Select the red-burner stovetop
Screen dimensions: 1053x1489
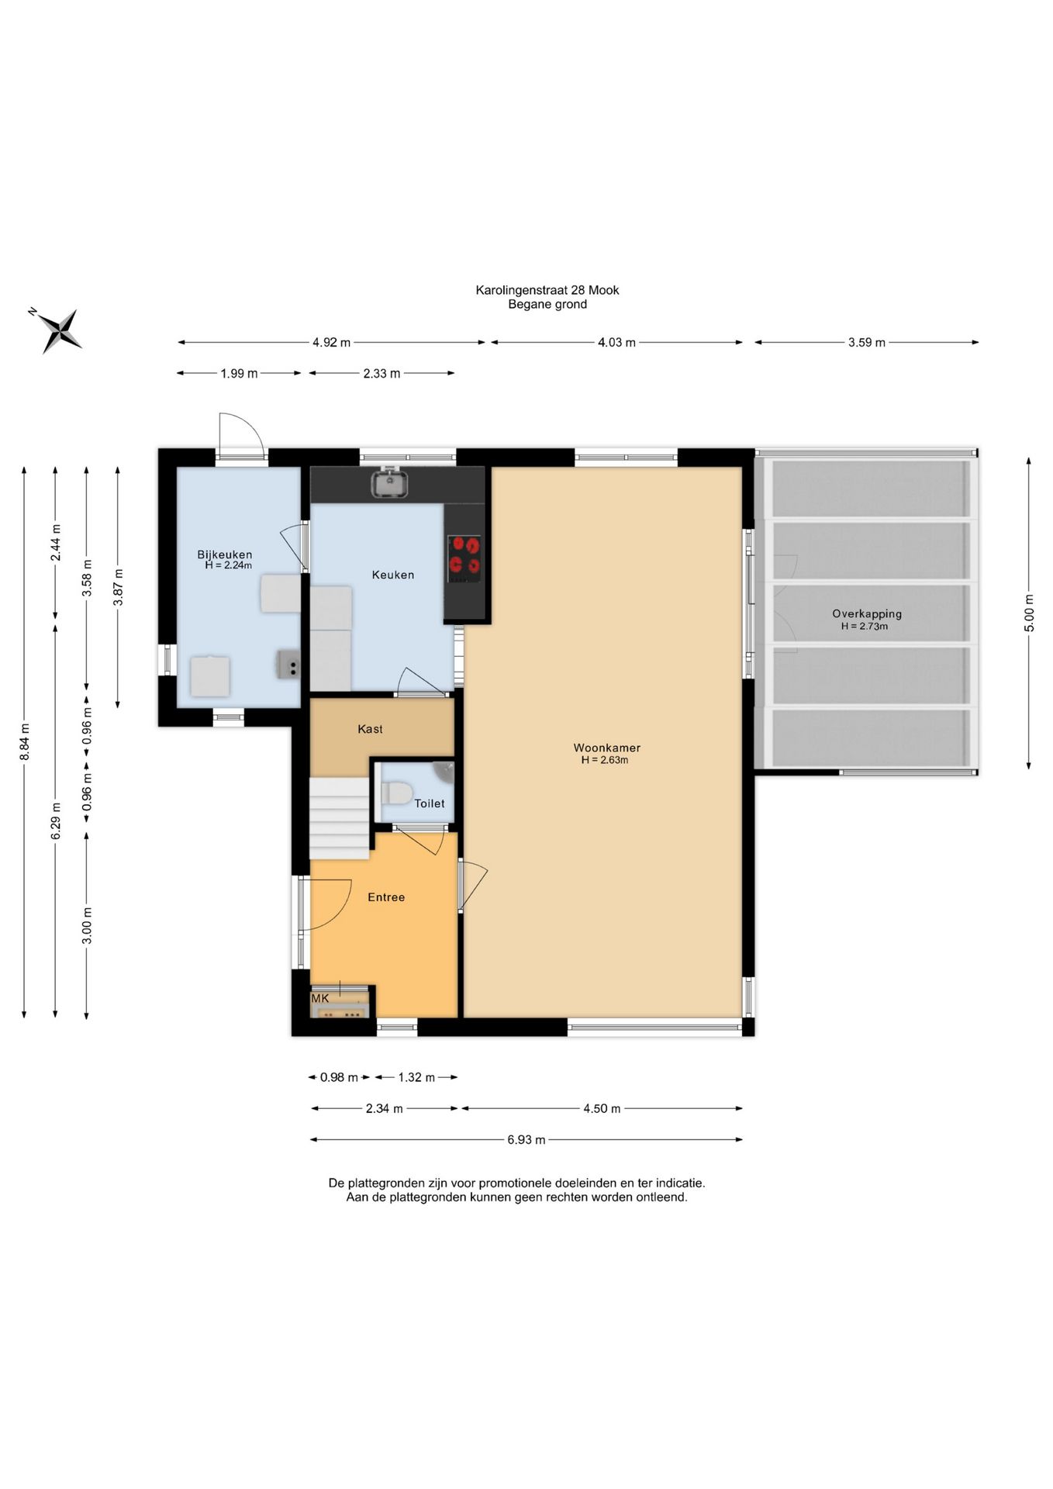pos(464,558)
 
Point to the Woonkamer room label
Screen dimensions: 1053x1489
pos(606,748)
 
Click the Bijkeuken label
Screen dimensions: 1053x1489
pos(224,554)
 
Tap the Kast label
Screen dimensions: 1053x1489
pos(370,729)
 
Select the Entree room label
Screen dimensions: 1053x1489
pos(386,897)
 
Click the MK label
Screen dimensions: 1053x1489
pos(320,998)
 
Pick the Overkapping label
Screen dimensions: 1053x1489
pos(867,613)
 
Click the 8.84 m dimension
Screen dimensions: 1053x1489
pos(25,741)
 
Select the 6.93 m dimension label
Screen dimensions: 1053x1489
pos(526,1140)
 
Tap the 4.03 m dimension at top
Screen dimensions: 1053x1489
pos(616,342)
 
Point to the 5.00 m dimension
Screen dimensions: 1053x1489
pos(1029,613)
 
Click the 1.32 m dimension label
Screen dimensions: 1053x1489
pos(416,1077)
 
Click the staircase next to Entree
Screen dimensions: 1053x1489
pos(340,818)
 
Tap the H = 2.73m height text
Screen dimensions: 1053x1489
pos(865,627)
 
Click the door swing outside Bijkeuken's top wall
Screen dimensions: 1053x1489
pos(241,435)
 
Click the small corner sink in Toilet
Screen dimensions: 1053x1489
pos(444,771)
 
